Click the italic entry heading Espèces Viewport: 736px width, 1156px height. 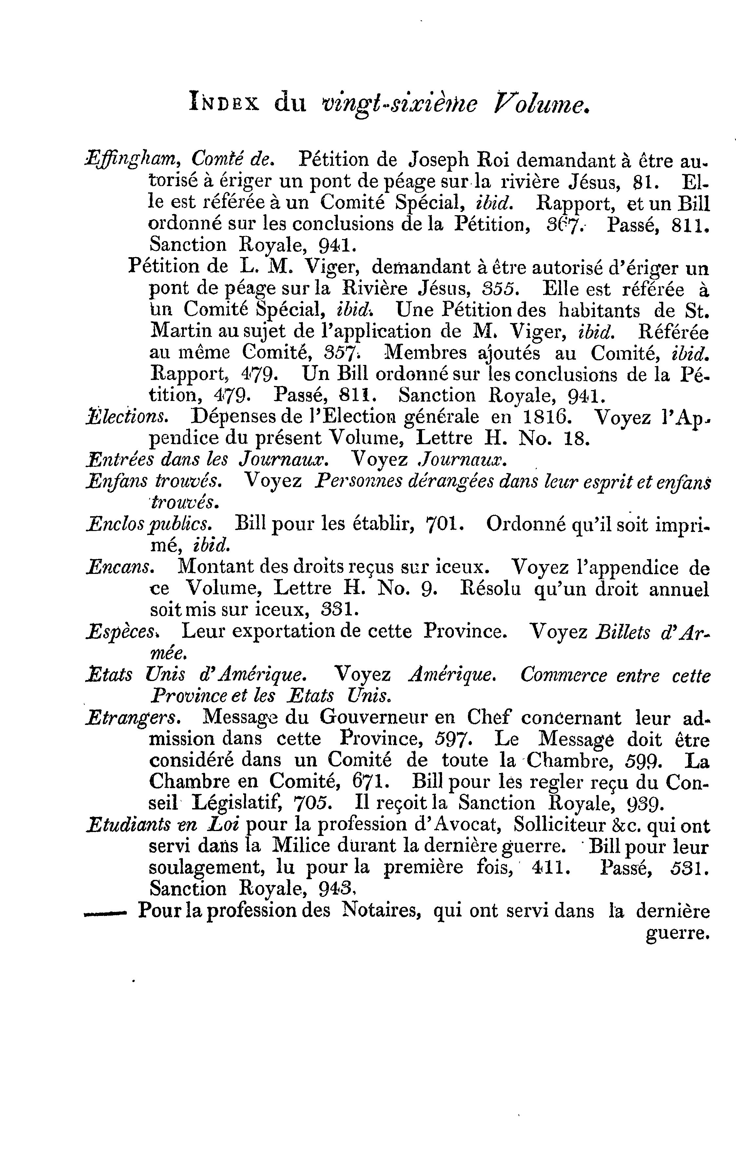[120, 632]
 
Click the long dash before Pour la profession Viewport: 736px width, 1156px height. [105, 911]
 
